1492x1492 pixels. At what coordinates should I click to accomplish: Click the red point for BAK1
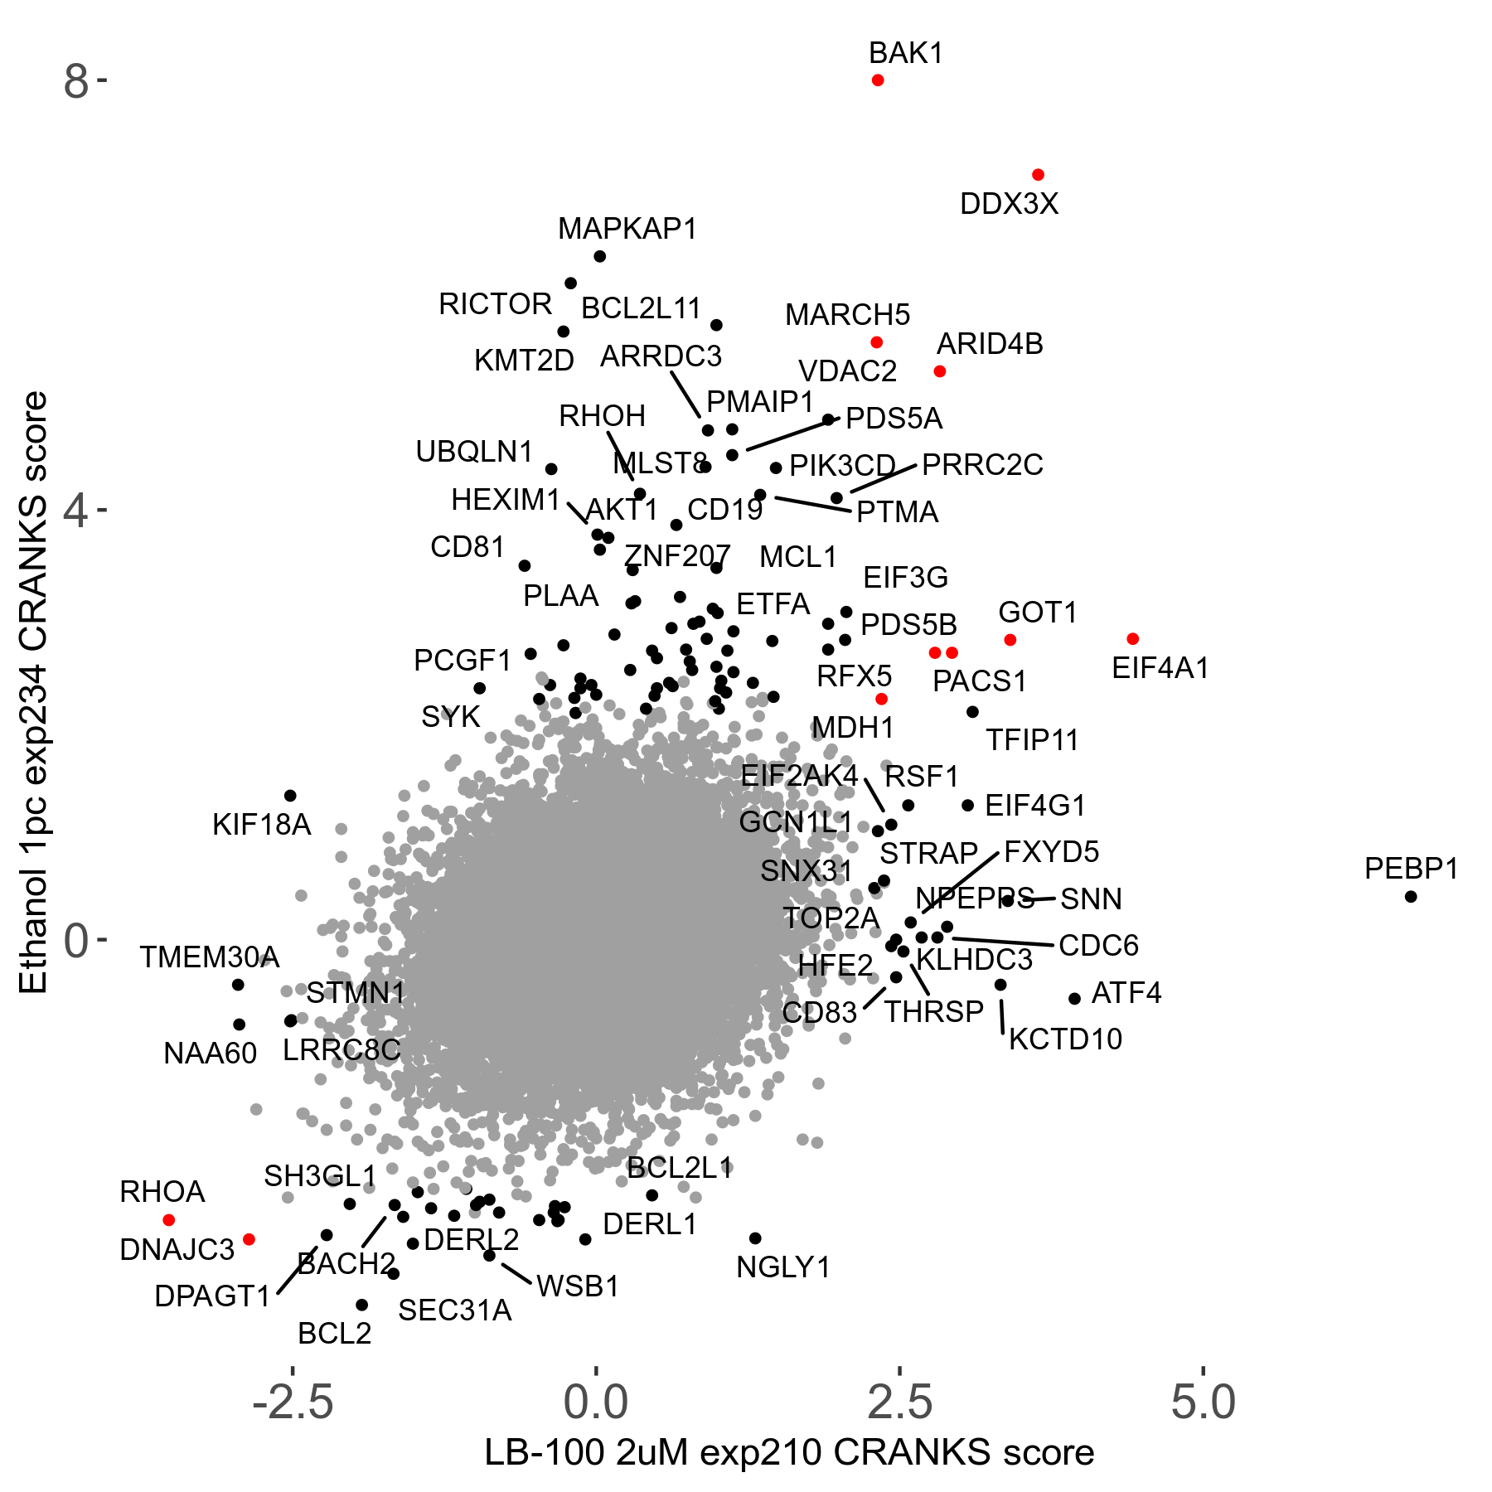pos(878,80)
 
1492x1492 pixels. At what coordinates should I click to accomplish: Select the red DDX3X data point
pos(1038,175)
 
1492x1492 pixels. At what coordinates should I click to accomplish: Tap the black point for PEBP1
pos(1411,897)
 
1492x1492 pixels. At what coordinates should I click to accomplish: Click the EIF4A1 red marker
pos(1133,639)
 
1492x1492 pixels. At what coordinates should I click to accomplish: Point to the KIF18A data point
pos(290,796)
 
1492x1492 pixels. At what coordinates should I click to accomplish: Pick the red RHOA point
pos(169,1220)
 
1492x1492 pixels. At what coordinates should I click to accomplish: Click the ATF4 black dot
pos(1075,999)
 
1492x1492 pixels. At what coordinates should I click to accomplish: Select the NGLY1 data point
pos(755,1238)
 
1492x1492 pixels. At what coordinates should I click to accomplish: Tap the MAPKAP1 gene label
pos(627,229)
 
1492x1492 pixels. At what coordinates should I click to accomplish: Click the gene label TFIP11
pos(1032,739)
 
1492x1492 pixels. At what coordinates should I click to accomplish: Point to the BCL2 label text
pos(335,1334)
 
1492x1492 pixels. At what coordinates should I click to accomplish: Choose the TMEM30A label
pos(209,957)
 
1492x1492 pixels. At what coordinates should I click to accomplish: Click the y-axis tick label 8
pos(75,82)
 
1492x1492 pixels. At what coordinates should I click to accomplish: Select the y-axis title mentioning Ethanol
pos(34,693)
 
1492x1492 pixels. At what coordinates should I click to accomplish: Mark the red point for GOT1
pos(1010,640)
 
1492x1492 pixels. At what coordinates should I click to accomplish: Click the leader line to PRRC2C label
pos(883,479)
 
